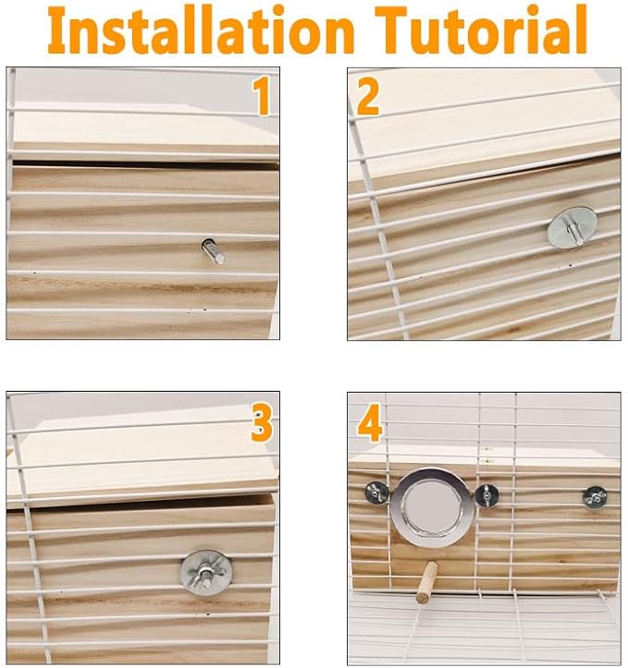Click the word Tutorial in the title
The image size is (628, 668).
pyautogui.click(x=481, y=30)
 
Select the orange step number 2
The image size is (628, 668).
pyautogui.click(x=367, y=97)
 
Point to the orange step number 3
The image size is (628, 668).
pyautogui.click(x=261, y=422)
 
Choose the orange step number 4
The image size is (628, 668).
pyautogui.click(x=369, y=423)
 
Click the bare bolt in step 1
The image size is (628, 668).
pyautogui.click(x=213, y=251)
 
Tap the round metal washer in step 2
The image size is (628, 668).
pyautogui.click(x=573, y=228)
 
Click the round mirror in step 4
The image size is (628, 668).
pyautogui.click(x=431, y=507)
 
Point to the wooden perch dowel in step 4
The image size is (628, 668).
pyautogui.click(x=426, y=582)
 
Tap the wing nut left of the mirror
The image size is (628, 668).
pyautogui.click(x=376, y=492)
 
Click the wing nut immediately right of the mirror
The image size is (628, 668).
pyautogui.click(x=486, y=495)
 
